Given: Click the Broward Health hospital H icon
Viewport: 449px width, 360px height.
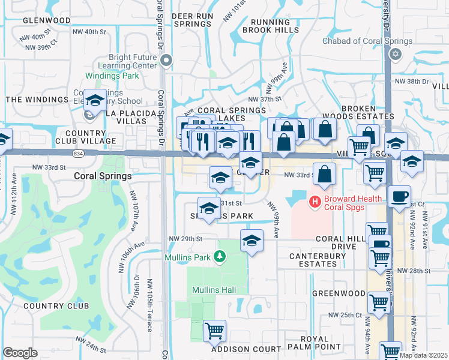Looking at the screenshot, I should pyautogui.click(x=313, y=202).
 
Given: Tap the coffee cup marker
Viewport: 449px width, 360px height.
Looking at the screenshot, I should pyautogui.click(x=399, y=196).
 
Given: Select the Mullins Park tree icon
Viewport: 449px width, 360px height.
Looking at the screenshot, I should pyautogui.click(x=220, y=257).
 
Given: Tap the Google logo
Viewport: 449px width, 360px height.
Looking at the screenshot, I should pyautogui.click(x=20, y=352).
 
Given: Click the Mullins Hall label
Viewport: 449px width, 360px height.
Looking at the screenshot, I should pyautogui.click(x=214, y=290).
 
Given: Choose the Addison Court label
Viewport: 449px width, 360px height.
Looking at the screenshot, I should pyautogui.click(x=246, y=349).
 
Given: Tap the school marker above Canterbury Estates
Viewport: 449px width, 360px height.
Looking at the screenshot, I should pyautogui.click(x=252, y=241).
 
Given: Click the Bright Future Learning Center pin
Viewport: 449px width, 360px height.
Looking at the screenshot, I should pyautogui.click(x=166, y=60).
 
